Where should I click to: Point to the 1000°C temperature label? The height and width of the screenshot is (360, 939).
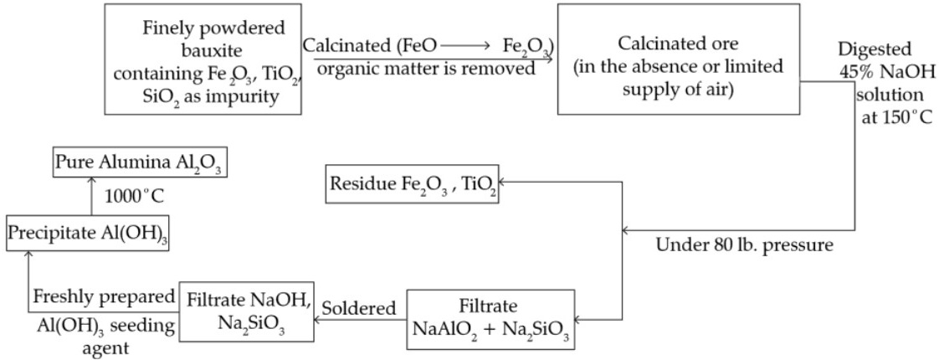coord(134,197)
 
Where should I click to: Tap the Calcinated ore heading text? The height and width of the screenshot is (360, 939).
coord(664,44)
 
